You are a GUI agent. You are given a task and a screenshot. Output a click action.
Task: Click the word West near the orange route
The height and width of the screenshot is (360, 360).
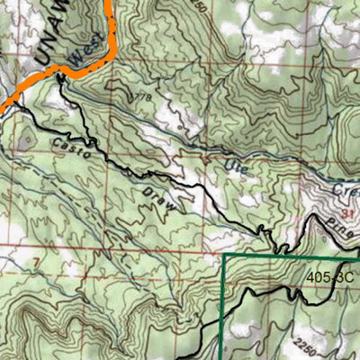pyautogui.click(x=86, y=58)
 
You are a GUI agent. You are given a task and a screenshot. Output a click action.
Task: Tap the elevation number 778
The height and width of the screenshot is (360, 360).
pyautogui.click(x=140, y=94)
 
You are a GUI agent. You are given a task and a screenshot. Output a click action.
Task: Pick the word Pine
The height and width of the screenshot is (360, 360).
pyautogui.click(x=336, y=220)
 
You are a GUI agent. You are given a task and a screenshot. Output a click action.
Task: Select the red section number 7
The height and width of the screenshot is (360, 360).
pyautogui.click(x=36, y=263)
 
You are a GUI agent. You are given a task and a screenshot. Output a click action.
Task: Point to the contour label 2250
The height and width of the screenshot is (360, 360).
pyautogui.click(x=306, y=343)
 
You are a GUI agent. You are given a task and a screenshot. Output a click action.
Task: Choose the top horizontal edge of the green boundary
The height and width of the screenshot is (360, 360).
pyautogui.click(x=288, y=256)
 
